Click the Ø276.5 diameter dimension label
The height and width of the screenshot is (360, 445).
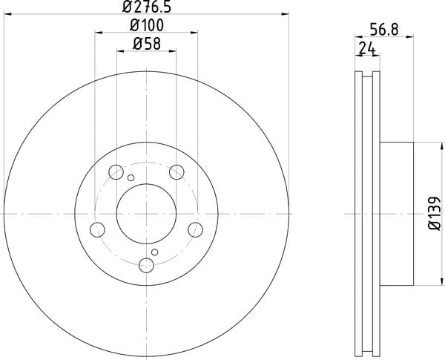(147, 7)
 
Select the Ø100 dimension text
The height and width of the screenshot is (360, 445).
(147, 25)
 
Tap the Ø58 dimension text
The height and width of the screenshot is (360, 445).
(147, 44)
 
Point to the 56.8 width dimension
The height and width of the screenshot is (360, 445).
(384, 30)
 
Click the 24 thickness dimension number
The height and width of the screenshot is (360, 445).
(367, 48)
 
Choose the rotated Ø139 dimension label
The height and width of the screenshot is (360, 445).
(435, 213)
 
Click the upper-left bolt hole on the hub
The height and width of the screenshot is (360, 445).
(116, 172)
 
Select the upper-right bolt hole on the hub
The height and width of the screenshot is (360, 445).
(177, 172)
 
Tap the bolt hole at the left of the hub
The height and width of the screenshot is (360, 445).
(97, 229)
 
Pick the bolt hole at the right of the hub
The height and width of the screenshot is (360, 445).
(195, 229)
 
